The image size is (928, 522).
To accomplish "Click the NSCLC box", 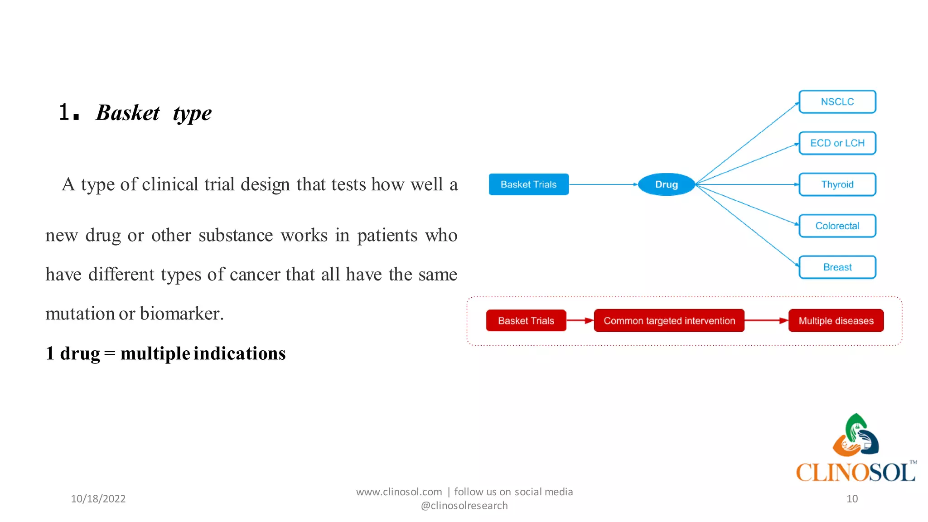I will [837, 101].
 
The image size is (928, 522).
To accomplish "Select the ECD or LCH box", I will [837, 143].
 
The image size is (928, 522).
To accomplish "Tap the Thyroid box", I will [837, 184].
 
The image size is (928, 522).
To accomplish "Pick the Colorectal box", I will [837, 226].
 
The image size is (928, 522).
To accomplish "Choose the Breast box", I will [837, 267].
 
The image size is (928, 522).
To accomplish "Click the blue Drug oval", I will [666, 184].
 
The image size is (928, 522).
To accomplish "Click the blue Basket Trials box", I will [528, 184].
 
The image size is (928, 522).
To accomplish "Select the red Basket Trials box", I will [526, 321].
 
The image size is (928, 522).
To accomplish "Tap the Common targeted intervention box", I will [669, 321].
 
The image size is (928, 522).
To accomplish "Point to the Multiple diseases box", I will [836, 321].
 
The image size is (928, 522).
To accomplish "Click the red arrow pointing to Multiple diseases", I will [766, 321].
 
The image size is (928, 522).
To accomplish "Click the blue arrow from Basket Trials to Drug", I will [603, 184].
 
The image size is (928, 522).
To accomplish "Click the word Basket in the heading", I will [128, 113].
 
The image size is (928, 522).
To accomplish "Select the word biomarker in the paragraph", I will [182, 314].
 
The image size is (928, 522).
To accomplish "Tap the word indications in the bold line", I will [240, 353].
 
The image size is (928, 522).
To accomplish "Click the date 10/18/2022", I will [98, 499].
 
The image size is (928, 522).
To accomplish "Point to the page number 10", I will [852, 499].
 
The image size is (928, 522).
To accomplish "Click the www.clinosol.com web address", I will [399, 492].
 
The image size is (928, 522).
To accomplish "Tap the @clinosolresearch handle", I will [464, 506].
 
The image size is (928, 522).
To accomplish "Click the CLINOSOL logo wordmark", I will [855, 473].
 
